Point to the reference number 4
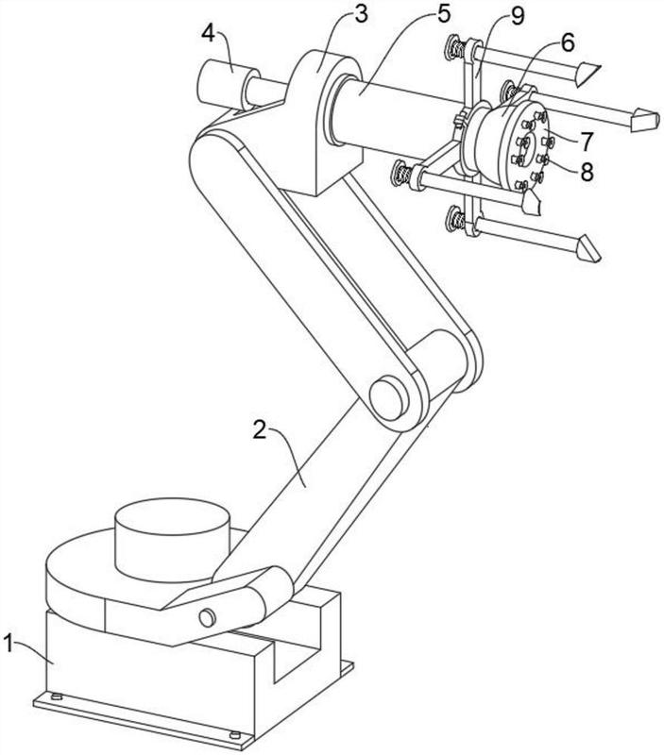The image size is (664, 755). [208, 34]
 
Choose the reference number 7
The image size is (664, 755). [586, 142]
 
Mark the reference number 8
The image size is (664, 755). [586, 172]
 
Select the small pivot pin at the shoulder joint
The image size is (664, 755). [206, 616]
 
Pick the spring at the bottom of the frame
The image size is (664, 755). [458, 223]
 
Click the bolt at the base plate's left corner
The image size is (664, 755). [55, 697]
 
